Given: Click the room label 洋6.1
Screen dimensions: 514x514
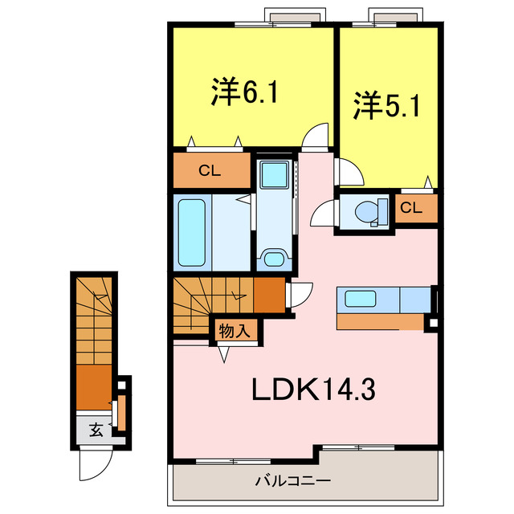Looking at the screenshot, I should pyautogui.click(x=245, y=93).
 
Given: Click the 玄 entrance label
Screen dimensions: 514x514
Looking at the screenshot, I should pyautogui.click(x=96, y=430).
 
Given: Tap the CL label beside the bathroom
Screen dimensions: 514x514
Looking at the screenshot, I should pyautogui.click(x=210, y=169).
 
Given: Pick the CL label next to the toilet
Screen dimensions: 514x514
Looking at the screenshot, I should pyautogui.click(x=411, y=208).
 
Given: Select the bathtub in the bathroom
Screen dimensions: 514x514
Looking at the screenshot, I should pyautogui.click(x=193, y=231).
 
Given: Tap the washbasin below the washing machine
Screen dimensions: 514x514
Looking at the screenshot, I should pyautogui.click(x=275, y=259).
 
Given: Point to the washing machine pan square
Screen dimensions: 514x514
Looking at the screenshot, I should pyautogui.click(x=276, y=175).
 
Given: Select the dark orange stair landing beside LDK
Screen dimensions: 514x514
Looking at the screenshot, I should pyautogui.click(x=269, y=296).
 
